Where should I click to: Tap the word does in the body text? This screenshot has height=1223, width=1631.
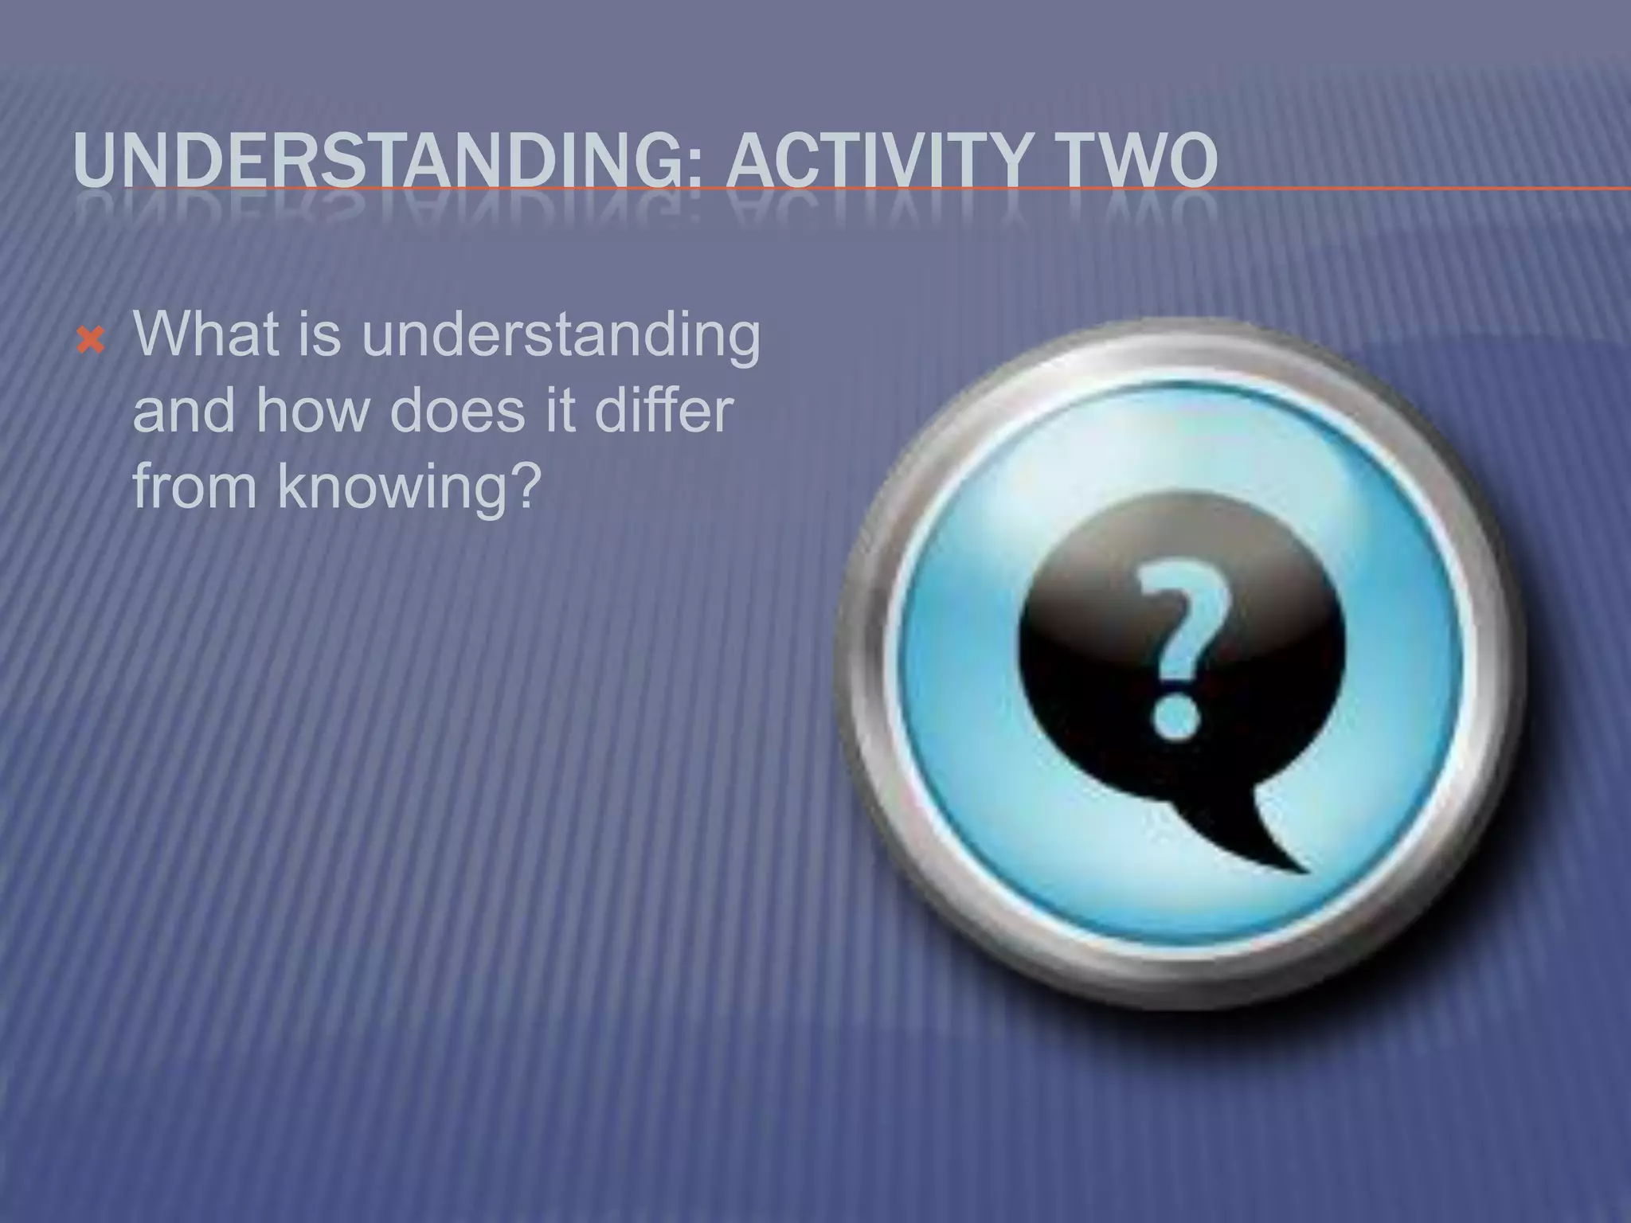(457, 411)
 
